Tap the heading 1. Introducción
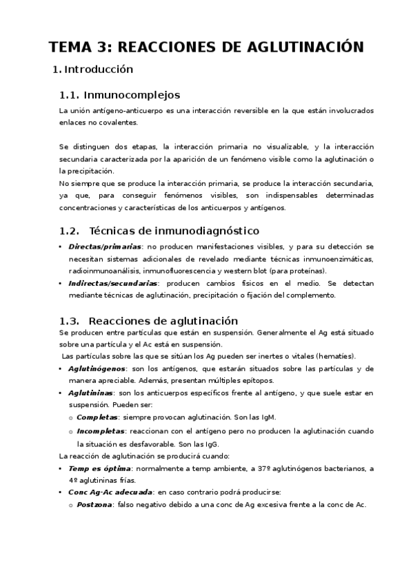tap(92, 70)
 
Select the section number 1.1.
tap(71, 95)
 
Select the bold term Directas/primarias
tap(105, 247)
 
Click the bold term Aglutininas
tap(94, 393)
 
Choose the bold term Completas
tap(97, 418)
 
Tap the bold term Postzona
tap(96, 505)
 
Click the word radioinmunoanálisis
tap(100, 271)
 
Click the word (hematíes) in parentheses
tap(334, 356)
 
